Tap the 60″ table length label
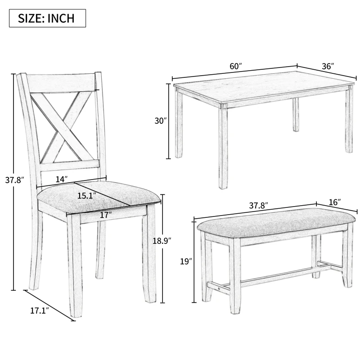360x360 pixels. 236,66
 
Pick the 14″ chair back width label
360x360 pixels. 62,179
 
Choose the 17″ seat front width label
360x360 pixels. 105,215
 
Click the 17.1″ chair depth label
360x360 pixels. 40,310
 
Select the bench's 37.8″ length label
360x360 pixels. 259,205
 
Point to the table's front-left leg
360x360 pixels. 223,146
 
